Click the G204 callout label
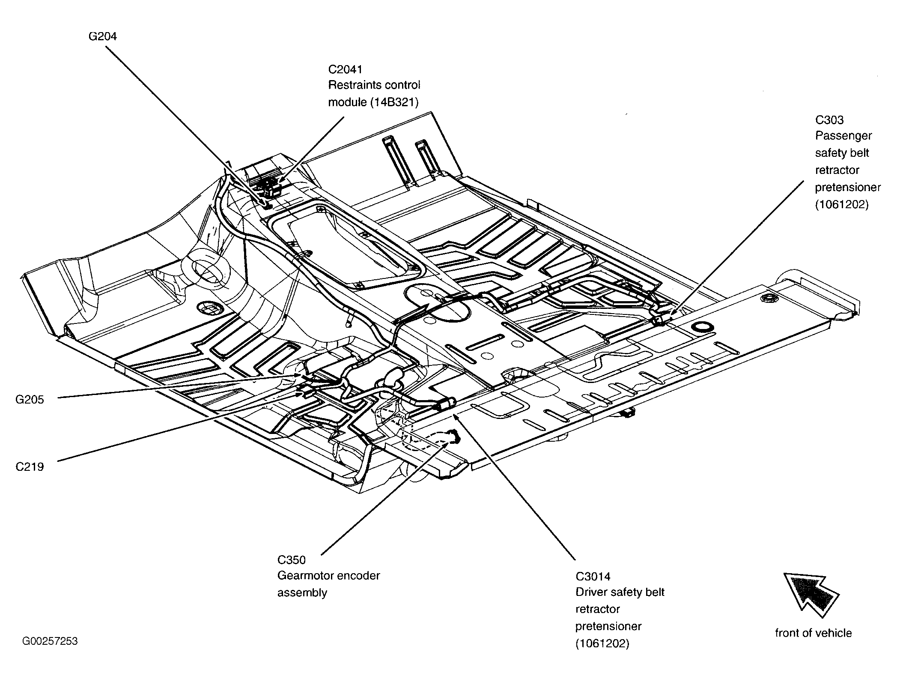click(x=103, y=36)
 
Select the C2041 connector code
click(x=346, y=69)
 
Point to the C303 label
click(x=829, y=120)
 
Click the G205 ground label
click(x=30, y=400)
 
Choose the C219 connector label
click(x=30, y=467)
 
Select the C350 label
click(x=292, y=560)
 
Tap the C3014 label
click(x=593, y=577)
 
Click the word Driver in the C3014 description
click(x=591, y=592)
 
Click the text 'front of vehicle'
click(x=814, y=633)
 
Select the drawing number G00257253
click(x=50, y=641)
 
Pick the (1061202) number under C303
click(x=842, y=205)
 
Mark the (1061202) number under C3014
click(x=602, y=644)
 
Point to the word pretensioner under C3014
click(x=608, y=627)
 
